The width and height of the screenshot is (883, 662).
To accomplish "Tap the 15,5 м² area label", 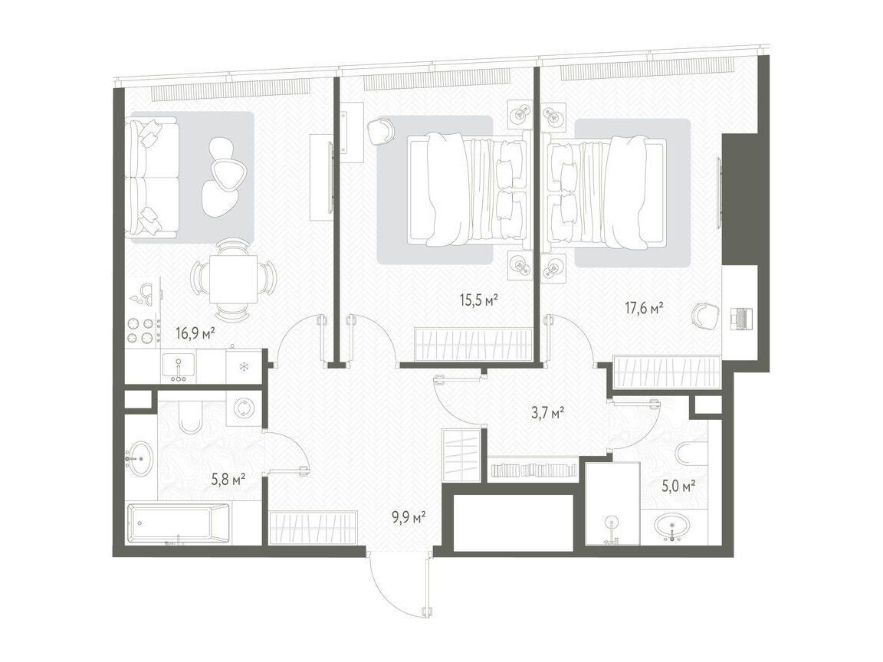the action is click(x=480, y=300).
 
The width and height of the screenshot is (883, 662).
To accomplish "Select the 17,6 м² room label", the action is click(x=644, y=308).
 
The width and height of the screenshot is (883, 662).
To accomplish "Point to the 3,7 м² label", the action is click(x=548, y=414).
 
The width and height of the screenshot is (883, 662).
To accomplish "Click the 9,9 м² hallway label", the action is click(x=409, y=516).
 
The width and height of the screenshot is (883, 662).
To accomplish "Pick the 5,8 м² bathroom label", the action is click(x=228, y=480).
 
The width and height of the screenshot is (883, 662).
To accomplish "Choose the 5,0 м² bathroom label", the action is click(x=678, y=486).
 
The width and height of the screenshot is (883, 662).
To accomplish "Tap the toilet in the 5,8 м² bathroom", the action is click(x=190, y=417).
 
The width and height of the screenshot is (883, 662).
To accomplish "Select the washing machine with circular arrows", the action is click(x=243, y=408).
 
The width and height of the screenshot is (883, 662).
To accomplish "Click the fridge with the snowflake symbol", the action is click(x=244, y=367).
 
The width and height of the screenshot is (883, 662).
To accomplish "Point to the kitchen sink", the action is click(x=179, y=366).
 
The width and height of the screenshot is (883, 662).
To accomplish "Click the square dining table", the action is click(x=234, y=279).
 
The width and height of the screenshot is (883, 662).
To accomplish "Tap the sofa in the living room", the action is click(x=152, y=176).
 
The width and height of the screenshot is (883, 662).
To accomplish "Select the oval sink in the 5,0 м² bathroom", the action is click(x=674, y=526).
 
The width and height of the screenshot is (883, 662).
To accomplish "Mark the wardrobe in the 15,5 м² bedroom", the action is click(x=474, y=345).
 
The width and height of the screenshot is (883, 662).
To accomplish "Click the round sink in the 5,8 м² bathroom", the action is click(x=140, y=458).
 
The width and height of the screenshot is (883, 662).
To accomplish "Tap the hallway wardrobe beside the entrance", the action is click(x=313, y=527).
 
